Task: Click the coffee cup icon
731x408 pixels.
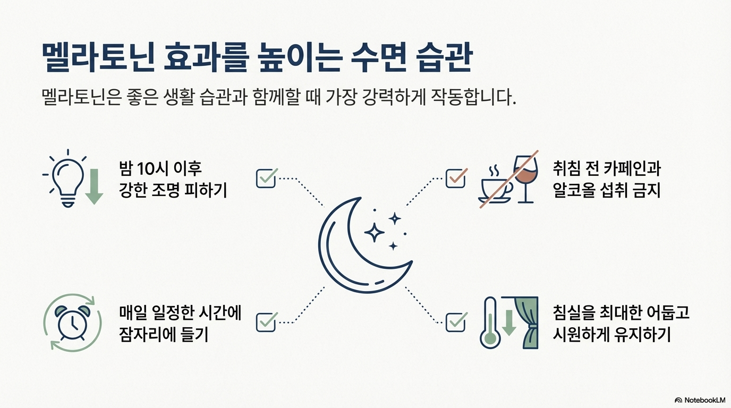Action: (495, 183)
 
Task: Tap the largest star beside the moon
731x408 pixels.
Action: (374, 232)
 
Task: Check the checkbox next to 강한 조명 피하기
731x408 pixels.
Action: (266, 178)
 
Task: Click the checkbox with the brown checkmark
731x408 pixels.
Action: (455, 178)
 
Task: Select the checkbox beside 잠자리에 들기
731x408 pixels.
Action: (266, 321)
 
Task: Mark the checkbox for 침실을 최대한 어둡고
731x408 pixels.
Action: (455, 321)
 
